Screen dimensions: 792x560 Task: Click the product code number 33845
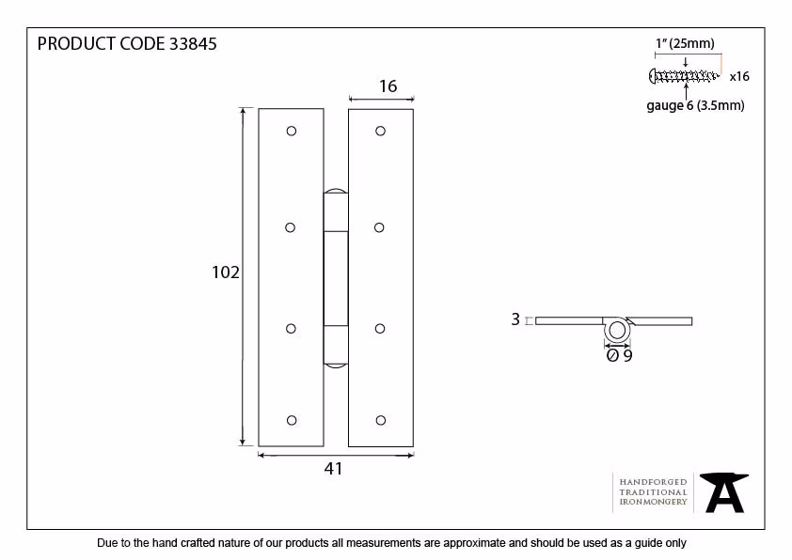(x=193, y=44)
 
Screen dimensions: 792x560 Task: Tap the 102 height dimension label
(x=225, y=272)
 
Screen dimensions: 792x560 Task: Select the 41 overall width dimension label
(x=333, y=469)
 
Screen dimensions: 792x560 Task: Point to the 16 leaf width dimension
(x=388, y=86)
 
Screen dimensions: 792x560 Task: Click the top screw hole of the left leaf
(x=292, y=132)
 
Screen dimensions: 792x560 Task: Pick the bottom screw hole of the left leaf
(x=292, y=420)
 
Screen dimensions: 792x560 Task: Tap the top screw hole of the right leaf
(x=380, y=132)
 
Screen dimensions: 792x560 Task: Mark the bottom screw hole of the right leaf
(x=381, y=420)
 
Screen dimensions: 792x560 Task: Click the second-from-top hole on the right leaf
(x=379, y=227)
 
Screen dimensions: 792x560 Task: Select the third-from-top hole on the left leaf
(x=291, y=329)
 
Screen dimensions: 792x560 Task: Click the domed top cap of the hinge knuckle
(x=336, y=191)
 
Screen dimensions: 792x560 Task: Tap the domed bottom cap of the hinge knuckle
(x=336, y=366)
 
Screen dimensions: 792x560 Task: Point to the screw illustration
(x=684, y=76)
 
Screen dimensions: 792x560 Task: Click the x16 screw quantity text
(x=739, y=77)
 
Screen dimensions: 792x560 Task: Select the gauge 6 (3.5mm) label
(x=695, y=106)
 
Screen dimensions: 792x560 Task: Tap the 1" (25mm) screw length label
(x=685, y=44)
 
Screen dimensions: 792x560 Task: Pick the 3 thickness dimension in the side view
(x=515, y=319)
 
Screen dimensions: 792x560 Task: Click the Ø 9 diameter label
(x=619, y=356)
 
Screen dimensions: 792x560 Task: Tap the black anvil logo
(x=724, y=492)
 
